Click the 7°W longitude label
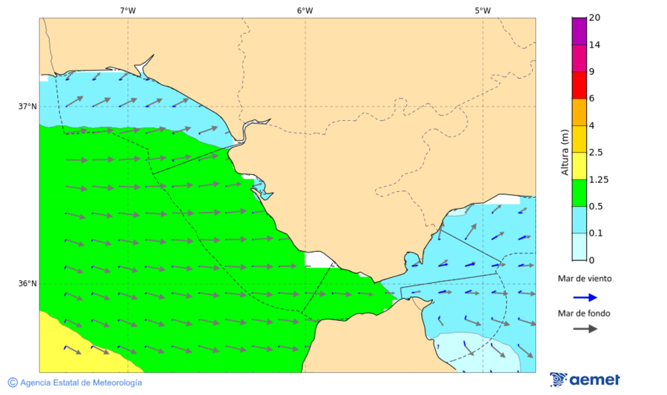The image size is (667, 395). point(127,10)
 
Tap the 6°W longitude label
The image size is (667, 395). point(305,10)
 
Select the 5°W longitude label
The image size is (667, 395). point(482,10)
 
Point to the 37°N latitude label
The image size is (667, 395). point(27,106)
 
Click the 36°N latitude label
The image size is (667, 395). point(27,283)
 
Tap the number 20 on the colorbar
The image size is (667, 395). point(594,18)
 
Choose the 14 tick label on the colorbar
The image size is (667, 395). point(594,44)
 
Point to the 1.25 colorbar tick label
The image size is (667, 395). point(598,179)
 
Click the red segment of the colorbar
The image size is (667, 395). point(579,85)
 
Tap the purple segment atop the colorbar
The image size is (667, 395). point(579,31)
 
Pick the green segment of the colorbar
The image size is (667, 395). point(579,193)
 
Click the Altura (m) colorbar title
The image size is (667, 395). point(565,152)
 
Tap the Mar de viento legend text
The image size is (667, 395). point(585,279)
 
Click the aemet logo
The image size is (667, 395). point(585,379)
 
